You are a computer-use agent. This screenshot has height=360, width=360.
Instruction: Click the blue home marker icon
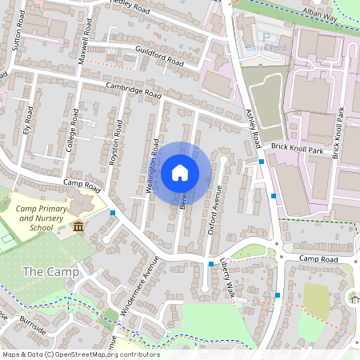point(180,172)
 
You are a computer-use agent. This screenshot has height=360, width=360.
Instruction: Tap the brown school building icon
point(78,228)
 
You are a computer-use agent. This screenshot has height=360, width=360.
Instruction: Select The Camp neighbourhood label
point(50,272)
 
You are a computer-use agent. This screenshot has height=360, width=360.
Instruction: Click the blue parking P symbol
point(267,37)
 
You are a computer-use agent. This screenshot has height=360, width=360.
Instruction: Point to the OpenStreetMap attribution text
point(80,354)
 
